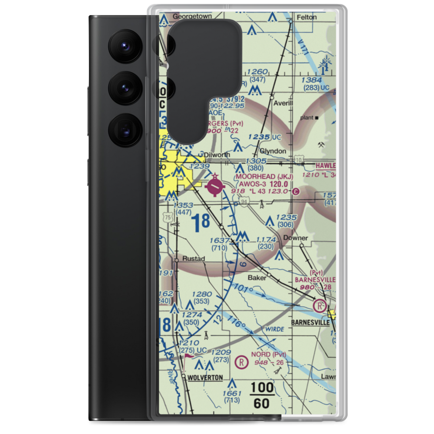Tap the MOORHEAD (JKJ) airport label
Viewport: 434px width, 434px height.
[x=264, y=177]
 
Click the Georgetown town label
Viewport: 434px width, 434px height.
[x=192, y=16]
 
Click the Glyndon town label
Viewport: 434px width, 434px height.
[x=273, y=151]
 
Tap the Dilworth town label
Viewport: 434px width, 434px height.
[x=217, y=154]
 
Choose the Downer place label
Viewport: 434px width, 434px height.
[x=296, y=238]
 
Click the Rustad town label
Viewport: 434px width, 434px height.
[x=194, y=259]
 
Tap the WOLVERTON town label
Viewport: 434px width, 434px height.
[x=205, y=378]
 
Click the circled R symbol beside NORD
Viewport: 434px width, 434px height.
[x=240, y=362]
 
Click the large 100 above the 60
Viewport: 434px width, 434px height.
[x=262, y=388]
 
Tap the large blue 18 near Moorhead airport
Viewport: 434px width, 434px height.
[x=201, y=223]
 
